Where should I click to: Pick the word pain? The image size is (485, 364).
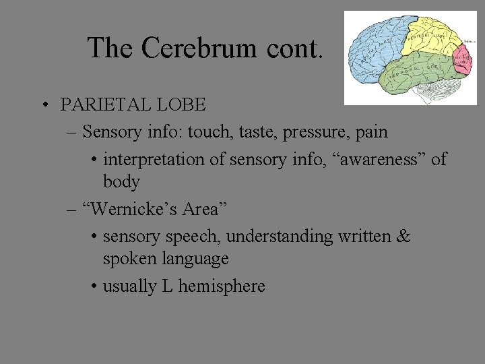[x=371, y=132]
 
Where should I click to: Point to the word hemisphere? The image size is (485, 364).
[x=224, y=286]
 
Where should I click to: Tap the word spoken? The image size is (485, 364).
[x=129, y=259]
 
